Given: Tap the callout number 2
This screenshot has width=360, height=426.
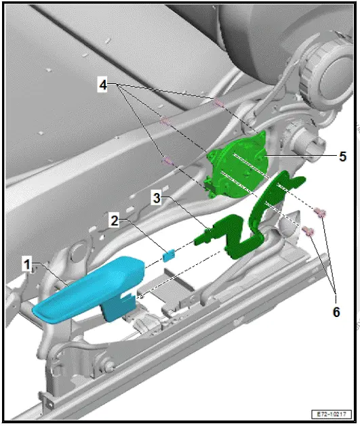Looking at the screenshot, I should point(115,221).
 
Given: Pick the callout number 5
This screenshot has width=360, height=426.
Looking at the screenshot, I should point(342,156).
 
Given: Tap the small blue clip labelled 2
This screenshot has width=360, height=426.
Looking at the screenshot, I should point(169,255).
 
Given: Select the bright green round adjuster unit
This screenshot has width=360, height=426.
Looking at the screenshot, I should point(237,165).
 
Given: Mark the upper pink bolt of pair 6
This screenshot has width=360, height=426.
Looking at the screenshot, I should point(323,214).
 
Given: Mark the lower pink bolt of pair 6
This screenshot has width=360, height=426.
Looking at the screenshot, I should point(310,232).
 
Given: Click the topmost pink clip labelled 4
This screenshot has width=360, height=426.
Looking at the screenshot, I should point(218,104).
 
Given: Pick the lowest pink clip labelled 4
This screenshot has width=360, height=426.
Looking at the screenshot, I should point(166,161).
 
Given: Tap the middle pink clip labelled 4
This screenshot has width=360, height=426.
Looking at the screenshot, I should point(164,122).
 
